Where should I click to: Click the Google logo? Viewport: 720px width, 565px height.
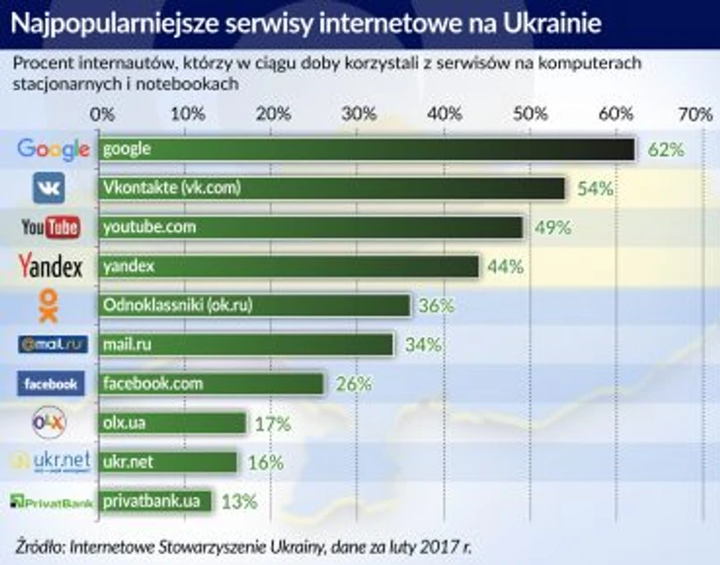pyautogui.click(x=53, y=149)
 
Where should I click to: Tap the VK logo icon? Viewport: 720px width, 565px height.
pyautogui.click(x=48, y=189)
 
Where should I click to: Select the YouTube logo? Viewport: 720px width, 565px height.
pyautogui.click(x=51, y=227)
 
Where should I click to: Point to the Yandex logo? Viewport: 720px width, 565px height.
pyautogui.click(x=50, y=266)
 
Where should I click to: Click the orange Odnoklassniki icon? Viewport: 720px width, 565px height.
pyautogui.click(x=49, y=306)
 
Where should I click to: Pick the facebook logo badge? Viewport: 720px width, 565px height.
pyautogui.click(x=51, y=384)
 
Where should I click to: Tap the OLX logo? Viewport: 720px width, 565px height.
pyautogui.click(x=49, y=421)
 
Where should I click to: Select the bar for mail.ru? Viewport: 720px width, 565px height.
pyautogui.click(x=246, y=344)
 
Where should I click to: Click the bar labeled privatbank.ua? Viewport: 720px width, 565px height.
pyautogui.click(x=156, y=501)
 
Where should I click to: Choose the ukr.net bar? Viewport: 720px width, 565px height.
pyautogui.click(x=168, y=462)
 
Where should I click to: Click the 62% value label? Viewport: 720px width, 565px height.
pyautogui.click(x=665, y=149)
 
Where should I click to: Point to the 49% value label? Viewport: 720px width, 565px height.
pyautogui.click(x=553, y=227)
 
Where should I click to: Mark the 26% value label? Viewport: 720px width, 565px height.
pyautogui.click(x=353, y=384)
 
